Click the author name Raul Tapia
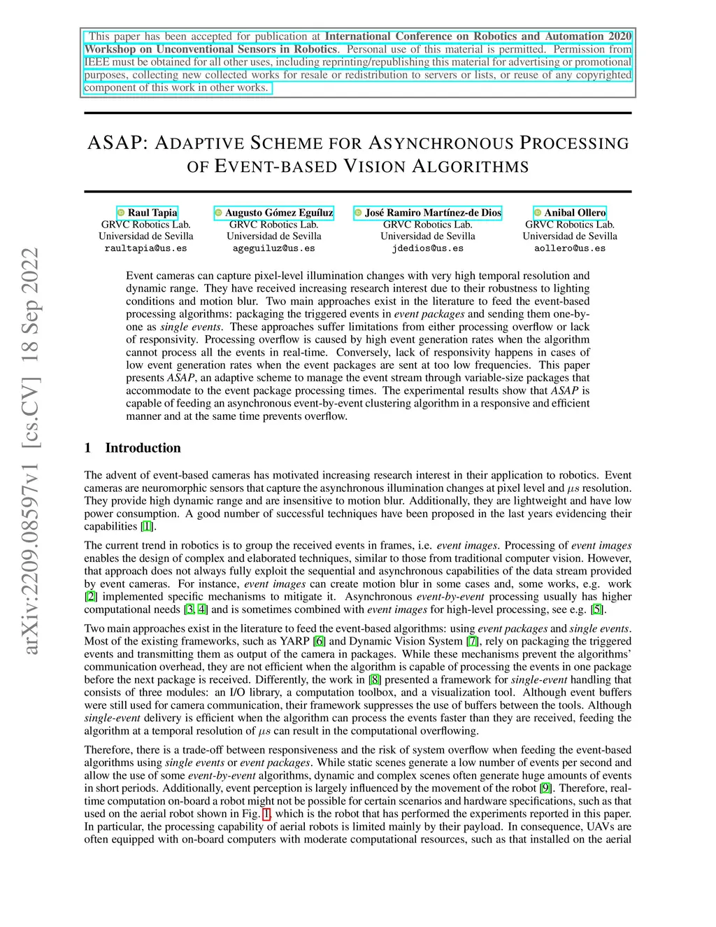click(x=152, y=213)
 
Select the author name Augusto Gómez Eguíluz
click(x=279, y=213)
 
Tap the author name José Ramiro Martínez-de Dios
click(x=433, y=213)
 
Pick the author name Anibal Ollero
click(x=575, y=213)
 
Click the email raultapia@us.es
click(x=145, y=248)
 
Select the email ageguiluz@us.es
click(x=273, y=248)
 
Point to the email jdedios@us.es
click(x=427, y=248)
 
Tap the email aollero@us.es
click(x=570, y=248)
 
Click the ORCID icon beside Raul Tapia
click(x=121, y=213)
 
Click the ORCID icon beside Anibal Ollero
click(x=538, y=213)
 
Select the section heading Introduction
click(x=143, y=448)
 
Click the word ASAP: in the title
click(x=117, y=143)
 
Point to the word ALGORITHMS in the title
click(x=470, y=167)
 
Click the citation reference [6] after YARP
click(x=319, y=641)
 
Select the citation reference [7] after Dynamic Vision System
click(x=473, y=641)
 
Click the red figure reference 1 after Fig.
click(x=266, y=814)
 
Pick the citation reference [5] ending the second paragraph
click(x=597, y=609)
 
